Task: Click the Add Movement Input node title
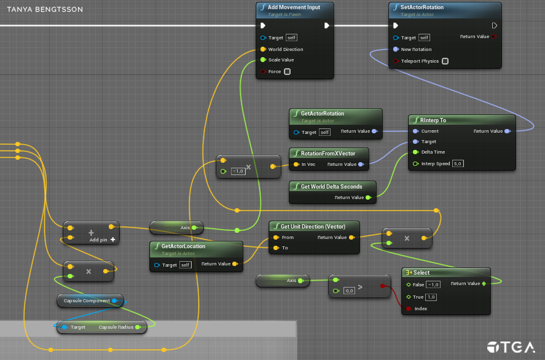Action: (294, 7)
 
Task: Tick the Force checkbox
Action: (287, 72)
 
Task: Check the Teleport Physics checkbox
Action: (445, 61)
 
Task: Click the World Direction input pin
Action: (263, 49)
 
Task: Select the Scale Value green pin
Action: (263, 60)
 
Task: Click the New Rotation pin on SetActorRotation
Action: (396, 49)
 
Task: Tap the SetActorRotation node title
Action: (422, 7)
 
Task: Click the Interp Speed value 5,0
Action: (458, 163)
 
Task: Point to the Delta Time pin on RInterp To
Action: (415, 152)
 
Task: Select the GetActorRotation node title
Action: (322, 114)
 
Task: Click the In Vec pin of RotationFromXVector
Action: (296, 165)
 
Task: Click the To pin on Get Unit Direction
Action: (276, 248)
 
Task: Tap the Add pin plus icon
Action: (112, 240)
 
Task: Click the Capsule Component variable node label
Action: (87, 301)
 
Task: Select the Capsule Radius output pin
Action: (138, 327)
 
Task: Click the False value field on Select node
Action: (433, 284)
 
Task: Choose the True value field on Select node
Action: (431, 297)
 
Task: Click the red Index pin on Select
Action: (409, 308)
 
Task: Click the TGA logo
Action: (511, 347)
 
